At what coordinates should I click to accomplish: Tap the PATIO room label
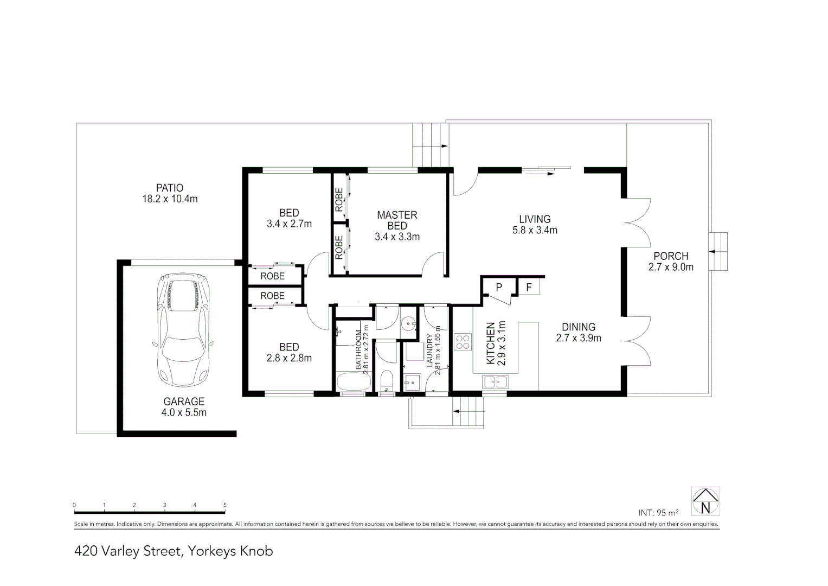click(x=170, y=188)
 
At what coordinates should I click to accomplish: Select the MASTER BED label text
click(x=397, y=220)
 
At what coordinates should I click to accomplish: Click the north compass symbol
click(x=705, y=501)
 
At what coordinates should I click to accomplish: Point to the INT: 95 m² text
click(x=658, y=512)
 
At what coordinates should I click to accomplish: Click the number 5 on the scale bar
click(x=224, y=505)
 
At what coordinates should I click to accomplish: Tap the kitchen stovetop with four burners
click(x=463, y=342)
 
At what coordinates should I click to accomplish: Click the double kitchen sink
click(x=495, y=381)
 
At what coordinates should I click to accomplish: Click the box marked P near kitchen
click(x=499, y=286)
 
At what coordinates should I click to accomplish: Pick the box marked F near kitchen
click(x=529, y=286)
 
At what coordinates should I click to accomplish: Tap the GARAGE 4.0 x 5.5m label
click(x=184, y=407)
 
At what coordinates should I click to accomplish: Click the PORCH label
click(x=671, y=256)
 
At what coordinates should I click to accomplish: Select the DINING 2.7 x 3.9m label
click(x=579, y=332)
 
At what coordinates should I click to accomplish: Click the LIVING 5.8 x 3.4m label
click(x=535, y=224)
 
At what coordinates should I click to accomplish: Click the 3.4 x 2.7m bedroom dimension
click(x=289, y=224)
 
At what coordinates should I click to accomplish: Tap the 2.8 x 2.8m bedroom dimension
click(x=289, y=358)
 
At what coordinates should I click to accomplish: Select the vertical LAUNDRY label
click(x=430, y=351)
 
